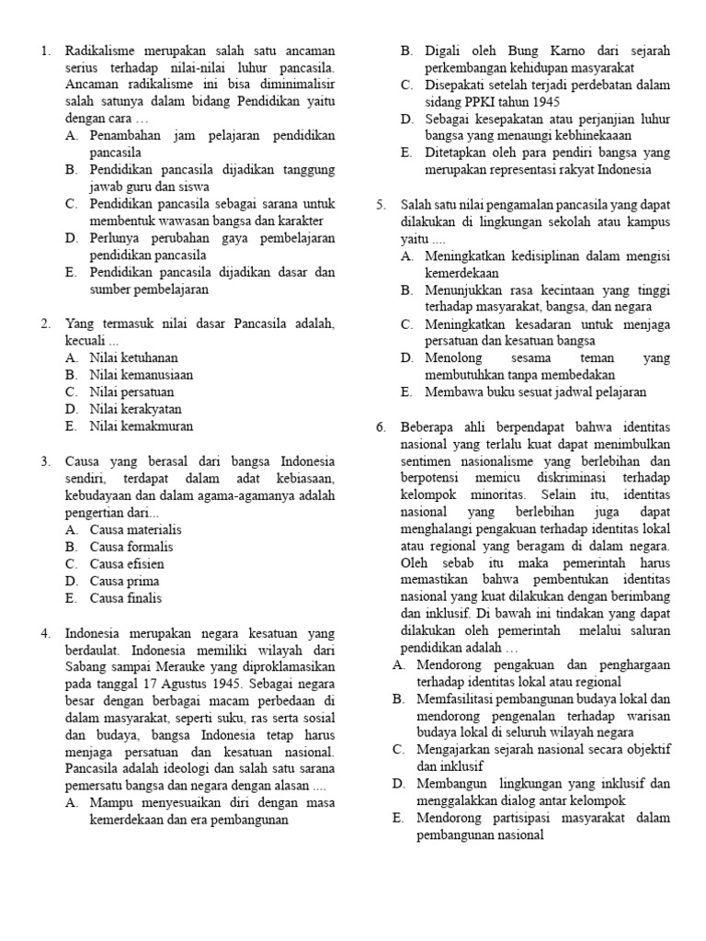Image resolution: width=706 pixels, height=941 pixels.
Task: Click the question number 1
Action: coord(46,51)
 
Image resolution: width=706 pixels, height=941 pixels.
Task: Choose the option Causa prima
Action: coord(124,581)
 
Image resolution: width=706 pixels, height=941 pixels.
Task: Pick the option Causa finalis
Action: coord(126,598)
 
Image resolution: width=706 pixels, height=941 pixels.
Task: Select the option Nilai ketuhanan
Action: coord(134,357)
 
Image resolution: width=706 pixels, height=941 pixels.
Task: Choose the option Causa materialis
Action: coord(136,529)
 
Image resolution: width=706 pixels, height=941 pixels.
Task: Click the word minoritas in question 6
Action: coord(511,496)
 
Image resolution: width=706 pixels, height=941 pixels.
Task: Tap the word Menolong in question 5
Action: coord(452,357)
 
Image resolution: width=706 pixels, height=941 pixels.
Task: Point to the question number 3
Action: coord(46,461)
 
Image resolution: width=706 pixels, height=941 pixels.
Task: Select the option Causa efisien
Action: coord(127,564)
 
